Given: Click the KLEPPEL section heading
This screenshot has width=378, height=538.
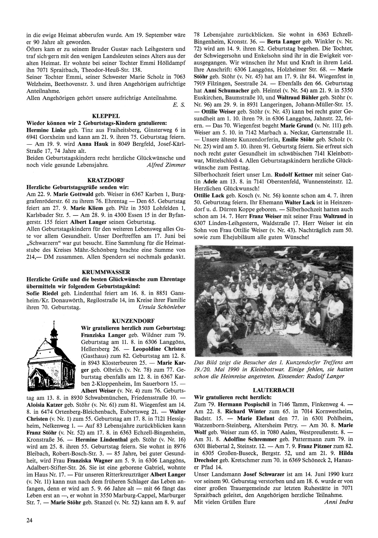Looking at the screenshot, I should coord(106,116).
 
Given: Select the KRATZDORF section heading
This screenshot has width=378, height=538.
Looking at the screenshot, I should coord(106,180).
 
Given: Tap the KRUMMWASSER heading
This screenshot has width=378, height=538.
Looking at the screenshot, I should coord(106,272).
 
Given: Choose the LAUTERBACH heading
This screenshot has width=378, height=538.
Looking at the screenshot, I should coord(273,389).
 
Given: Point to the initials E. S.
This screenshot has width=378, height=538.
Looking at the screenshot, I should coord(179,105).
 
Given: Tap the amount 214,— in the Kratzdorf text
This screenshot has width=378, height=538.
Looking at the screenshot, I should coord(34,257).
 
